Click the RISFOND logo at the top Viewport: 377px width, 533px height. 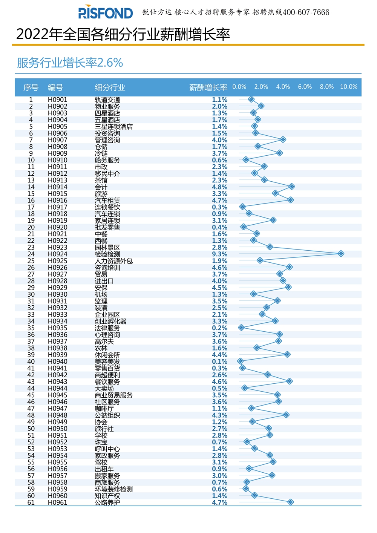pos(105,12)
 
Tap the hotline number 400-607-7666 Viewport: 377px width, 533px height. pos(306,12)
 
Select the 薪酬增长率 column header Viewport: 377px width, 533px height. pos(208,87)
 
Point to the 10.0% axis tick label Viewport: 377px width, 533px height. pos(348,87)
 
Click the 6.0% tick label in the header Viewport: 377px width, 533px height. pos(305,87)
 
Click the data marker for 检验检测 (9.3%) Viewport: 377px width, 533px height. pos(341,254)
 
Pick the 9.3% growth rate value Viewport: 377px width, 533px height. pos(219,254)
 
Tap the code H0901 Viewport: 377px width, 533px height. pos(57,100)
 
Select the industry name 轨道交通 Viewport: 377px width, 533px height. pos(107,100)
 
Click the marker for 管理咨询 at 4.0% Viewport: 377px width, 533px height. pos(283,139)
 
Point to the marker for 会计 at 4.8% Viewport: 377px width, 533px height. pos(291,187)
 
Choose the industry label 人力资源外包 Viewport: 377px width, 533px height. pos(113,261)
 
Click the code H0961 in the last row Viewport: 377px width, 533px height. pos(57,502)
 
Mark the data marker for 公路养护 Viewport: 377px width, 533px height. pos(290,502)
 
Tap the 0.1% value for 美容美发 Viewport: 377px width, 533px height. pos(219,361)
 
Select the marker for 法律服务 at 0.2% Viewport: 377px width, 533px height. pos(241,328)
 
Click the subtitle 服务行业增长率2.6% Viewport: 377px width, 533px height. pos(70,63)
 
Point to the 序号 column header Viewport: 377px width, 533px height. pos(31,87)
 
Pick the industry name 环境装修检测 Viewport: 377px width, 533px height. pos(113,489)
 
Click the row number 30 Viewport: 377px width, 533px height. pos(31,294)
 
